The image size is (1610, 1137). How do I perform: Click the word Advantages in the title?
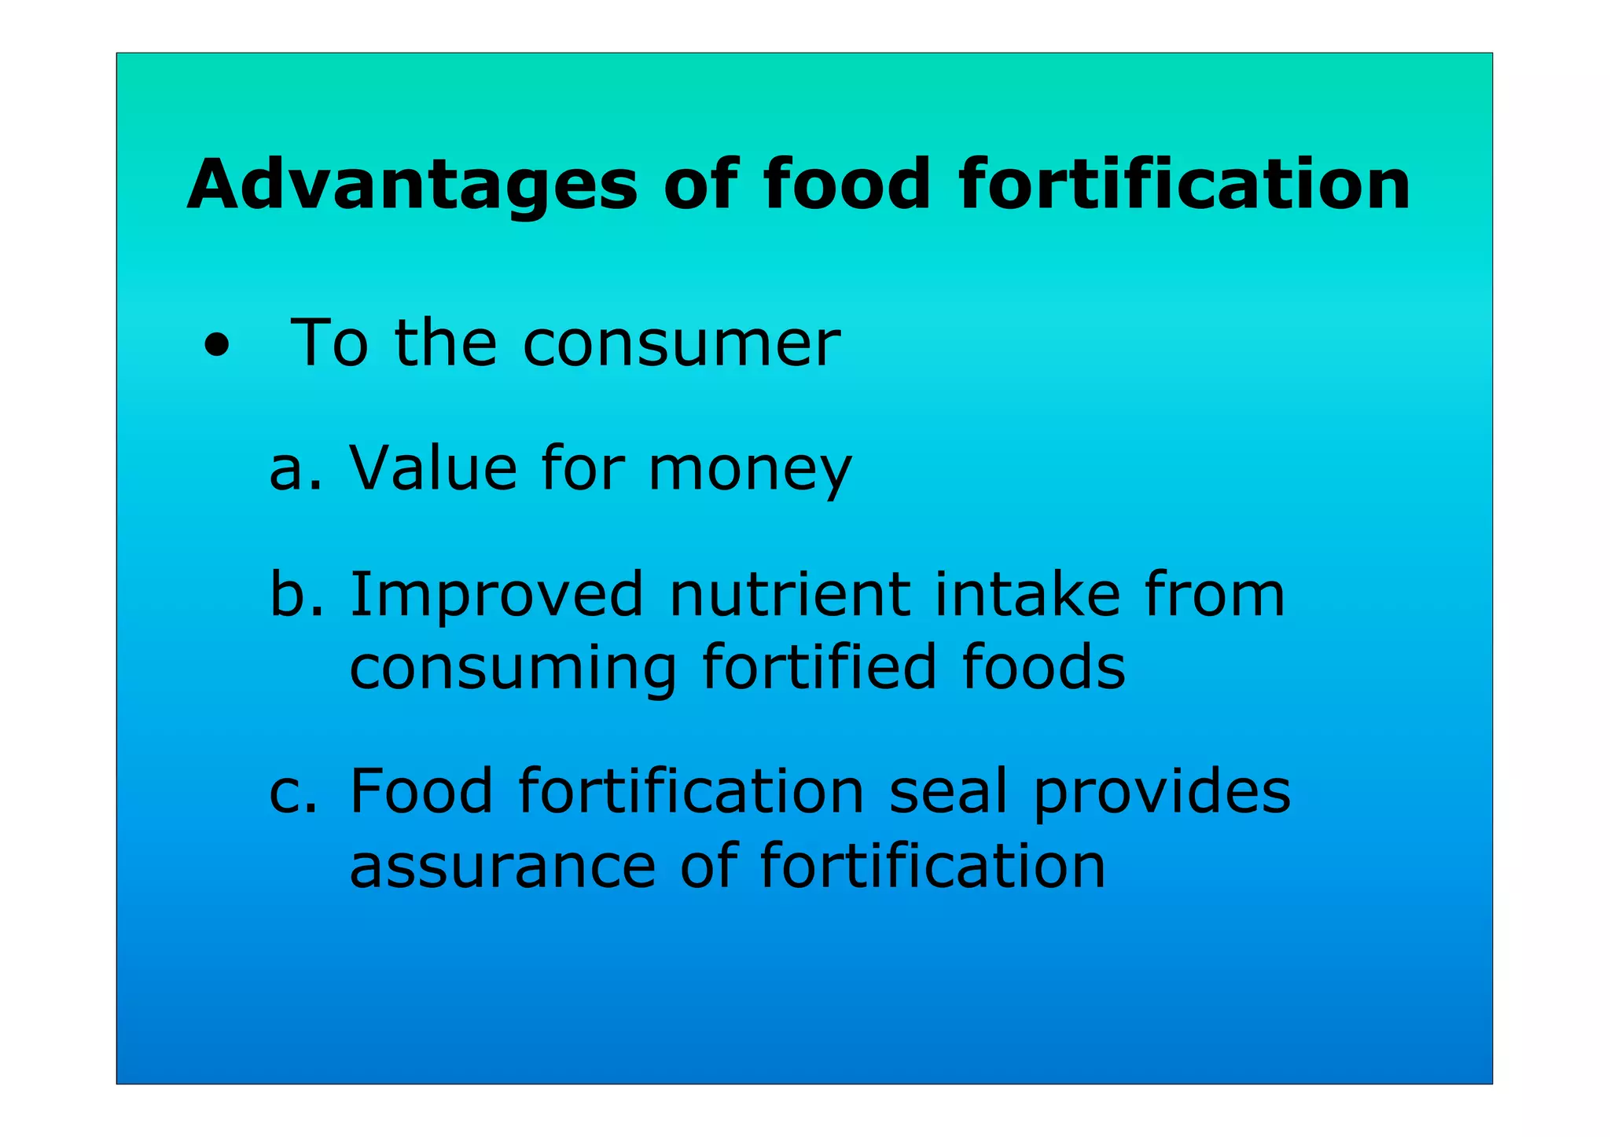[412, 185]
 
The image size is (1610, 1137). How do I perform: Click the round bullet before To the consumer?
[216, 346]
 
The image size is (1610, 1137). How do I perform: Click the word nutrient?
[790, 594]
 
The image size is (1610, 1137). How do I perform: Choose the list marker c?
[293, 792]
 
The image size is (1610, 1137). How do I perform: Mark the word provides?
[1161, 792]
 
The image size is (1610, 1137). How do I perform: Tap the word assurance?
[502, 866]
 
